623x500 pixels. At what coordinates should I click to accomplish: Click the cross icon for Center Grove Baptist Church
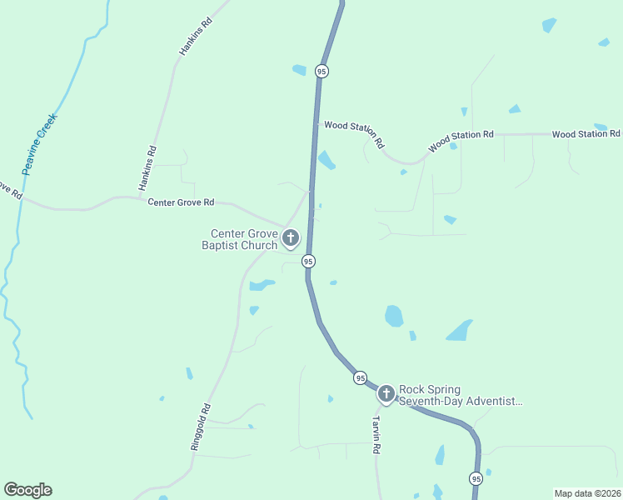point(291,239)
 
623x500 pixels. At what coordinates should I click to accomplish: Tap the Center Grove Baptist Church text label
point(243,239)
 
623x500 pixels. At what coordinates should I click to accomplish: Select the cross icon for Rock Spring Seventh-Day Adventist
point(386,393)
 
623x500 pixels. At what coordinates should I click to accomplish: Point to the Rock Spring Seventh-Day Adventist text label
point(461,395)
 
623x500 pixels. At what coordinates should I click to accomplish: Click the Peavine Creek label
point(39,143)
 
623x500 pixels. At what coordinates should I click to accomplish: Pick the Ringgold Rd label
point(201,427)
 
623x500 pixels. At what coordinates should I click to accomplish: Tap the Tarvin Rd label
point(376,434)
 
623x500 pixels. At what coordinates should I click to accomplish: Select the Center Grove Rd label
point(181,202)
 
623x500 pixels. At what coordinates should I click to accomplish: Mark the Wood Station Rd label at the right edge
point(586,133)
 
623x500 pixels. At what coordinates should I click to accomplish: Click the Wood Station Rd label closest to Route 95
point(354,132)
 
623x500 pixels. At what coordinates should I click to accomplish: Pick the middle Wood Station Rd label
point(461,141)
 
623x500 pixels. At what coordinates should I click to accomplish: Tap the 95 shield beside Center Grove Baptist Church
point(308,261)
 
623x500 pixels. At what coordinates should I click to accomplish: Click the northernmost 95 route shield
point(321,72)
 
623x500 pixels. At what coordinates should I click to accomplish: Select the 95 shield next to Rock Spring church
point(359,377)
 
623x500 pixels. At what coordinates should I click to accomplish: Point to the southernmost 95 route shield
point(475,478)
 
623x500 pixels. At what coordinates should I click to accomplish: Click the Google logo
point(27,490)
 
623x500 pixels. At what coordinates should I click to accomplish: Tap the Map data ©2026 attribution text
point(587,493)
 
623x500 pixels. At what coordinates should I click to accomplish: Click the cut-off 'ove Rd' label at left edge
point(10,189)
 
